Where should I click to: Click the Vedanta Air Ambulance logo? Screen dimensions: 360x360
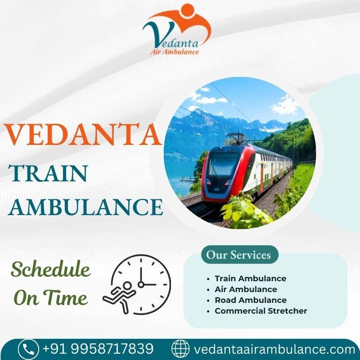176,29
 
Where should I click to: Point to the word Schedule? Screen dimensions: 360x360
50,270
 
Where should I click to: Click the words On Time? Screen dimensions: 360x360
50,297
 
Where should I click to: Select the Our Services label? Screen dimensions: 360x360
238,255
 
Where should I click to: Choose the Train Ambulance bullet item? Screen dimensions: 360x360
250,279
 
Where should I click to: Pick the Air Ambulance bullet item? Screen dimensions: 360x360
246,289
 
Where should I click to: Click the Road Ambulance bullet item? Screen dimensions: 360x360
250,300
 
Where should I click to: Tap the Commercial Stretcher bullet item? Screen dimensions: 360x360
261,311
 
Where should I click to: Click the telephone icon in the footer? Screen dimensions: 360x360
28,349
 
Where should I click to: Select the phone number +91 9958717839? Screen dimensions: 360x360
98,349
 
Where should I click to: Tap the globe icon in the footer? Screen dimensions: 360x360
181,349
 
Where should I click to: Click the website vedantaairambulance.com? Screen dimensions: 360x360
274,349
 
